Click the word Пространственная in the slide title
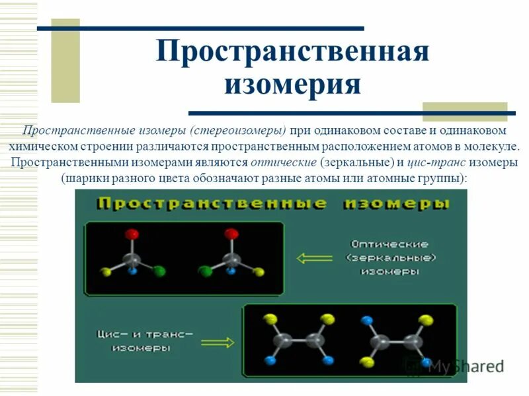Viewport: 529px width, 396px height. [x=293, y=52]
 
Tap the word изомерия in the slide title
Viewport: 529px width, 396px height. [x=293, y=85]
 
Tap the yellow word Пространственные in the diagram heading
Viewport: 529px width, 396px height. [x=211, y=203]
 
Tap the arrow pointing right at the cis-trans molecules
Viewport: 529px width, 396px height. [x=218, y=342]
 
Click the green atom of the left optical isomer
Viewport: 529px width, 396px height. [x=159, y=271]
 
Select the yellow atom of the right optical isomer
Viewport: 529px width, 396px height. [x=259, y=271]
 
